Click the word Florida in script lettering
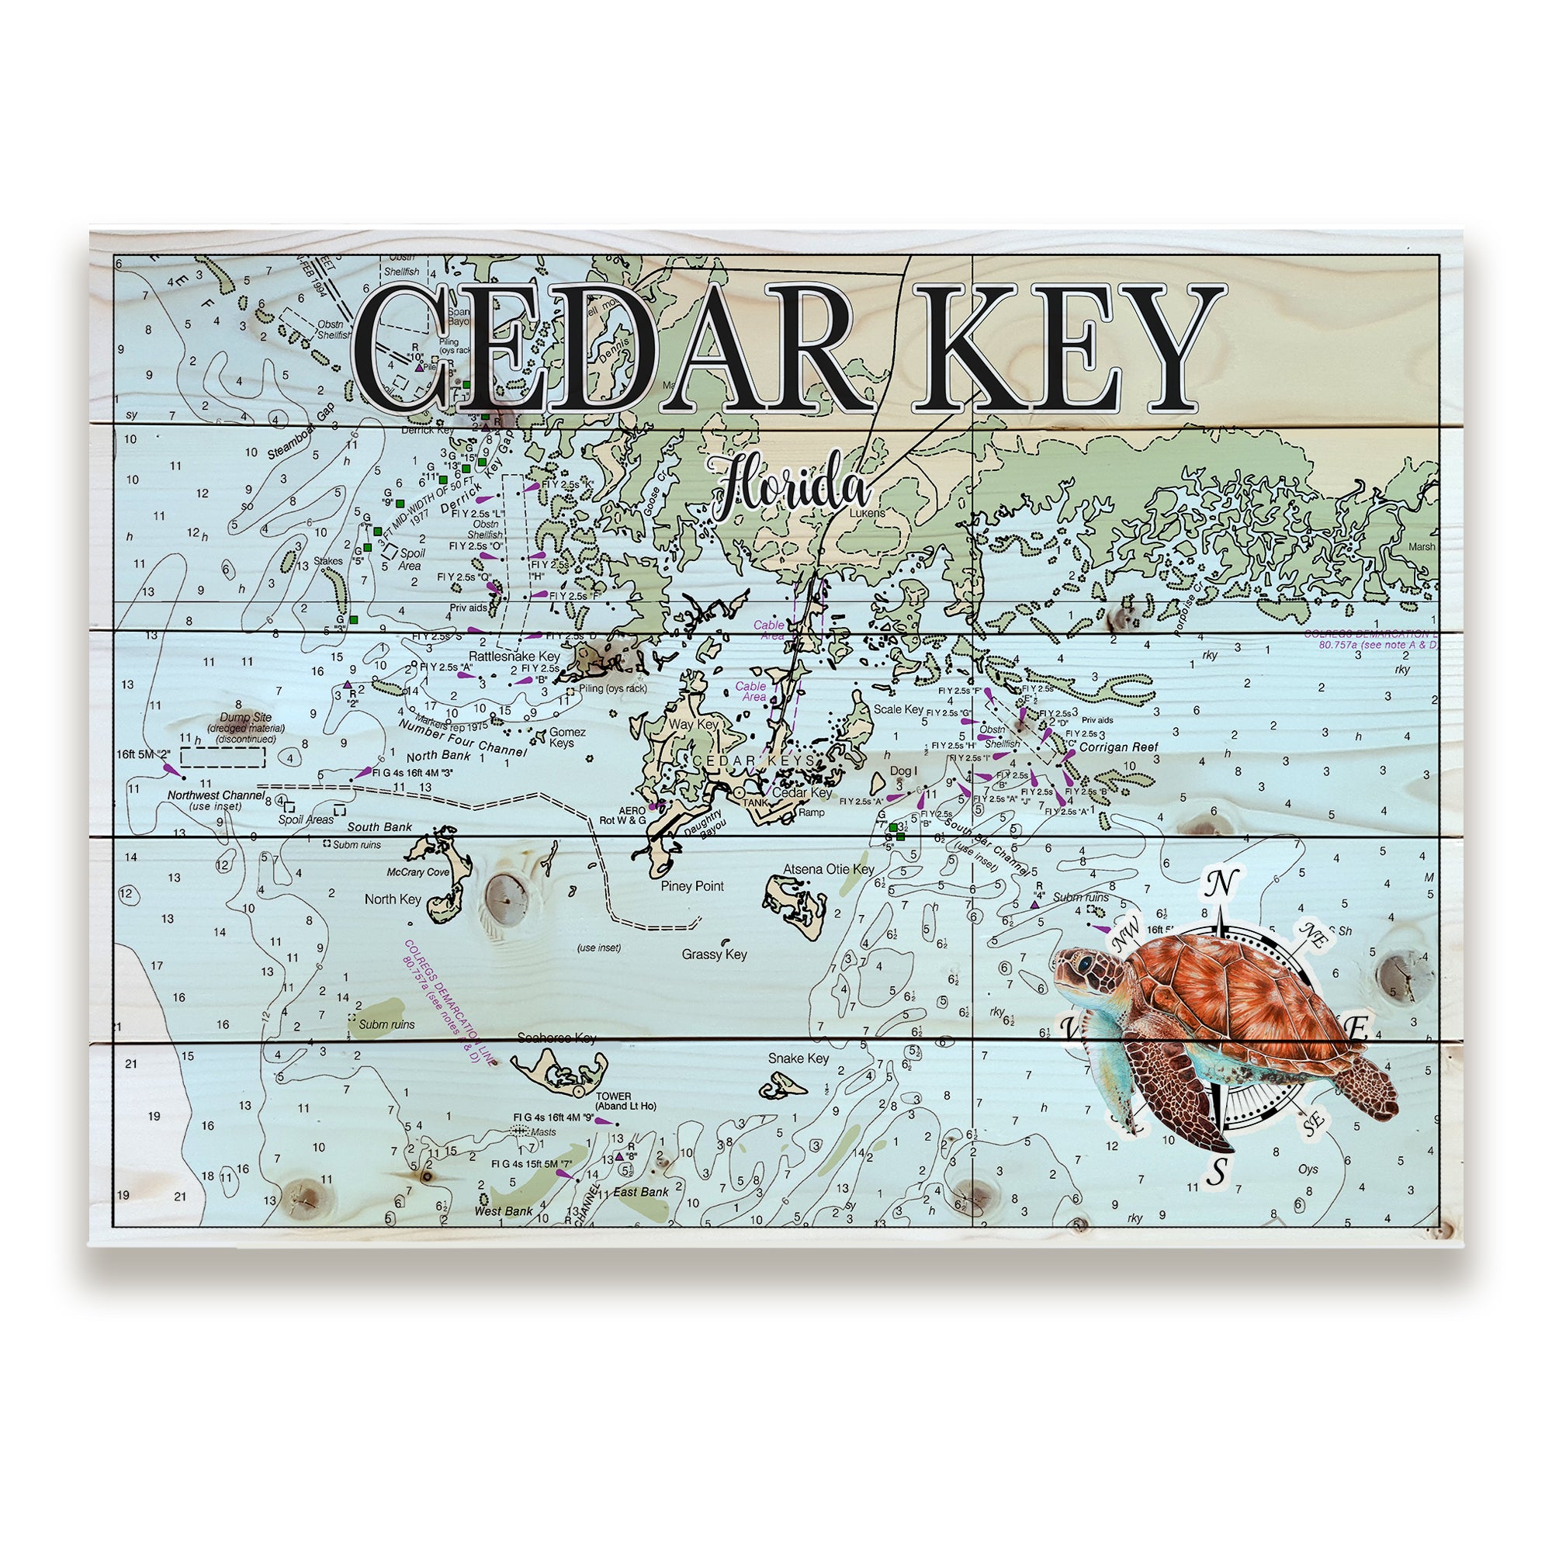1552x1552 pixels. (x=788, y=489)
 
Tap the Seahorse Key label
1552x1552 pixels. (x=556, y=1038)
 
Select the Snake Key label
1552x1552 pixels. (x=798, y=1058)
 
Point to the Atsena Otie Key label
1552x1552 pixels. (x=829, y=869)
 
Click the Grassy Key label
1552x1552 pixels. (x=714, y=954)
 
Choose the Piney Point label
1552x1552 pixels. (x=691, y=886)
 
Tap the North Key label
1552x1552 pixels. (x=392, y=899)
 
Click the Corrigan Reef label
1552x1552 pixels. (x=1118, y=747)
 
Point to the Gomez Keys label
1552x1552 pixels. (x=566, y=736)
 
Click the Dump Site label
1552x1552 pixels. (x=246, y=717)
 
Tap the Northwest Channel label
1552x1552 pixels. (x=215, y=795)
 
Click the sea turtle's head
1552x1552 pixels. (x=1080, y=966)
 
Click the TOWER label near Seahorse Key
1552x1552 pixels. (x=613, y=1096)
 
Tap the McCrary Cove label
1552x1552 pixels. (x=417, y=871)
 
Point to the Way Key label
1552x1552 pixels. (x=693, y=725)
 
